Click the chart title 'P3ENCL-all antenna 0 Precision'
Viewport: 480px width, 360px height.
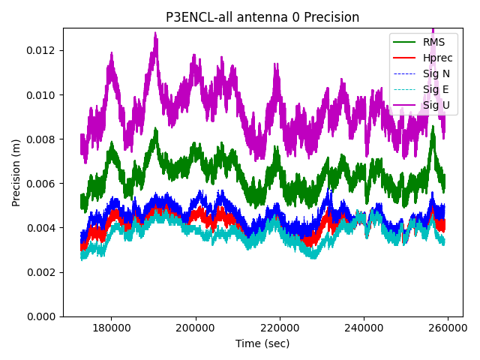click(262, 17)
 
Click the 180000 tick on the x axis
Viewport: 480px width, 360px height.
click(112, 328)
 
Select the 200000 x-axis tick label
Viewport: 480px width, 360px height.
click(196, 328)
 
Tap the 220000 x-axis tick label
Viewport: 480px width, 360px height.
click(280, 328)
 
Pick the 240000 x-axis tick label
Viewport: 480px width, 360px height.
click(364, 328)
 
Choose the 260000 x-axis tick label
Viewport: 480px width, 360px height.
click(448, 328)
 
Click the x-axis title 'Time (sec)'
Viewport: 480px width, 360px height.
click(262, 343)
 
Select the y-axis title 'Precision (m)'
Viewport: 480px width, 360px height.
click(16, 172)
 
